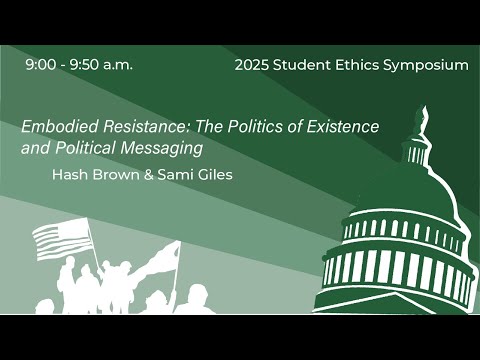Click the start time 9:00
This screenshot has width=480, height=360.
(42, 65)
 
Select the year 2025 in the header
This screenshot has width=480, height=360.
(253, 65)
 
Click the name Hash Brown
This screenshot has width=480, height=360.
(89, 174)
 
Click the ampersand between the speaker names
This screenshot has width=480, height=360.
(134, 174)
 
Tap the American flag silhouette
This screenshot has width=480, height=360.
(61, 238)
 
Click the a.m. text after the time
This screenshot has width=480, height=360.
(117, 65)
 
